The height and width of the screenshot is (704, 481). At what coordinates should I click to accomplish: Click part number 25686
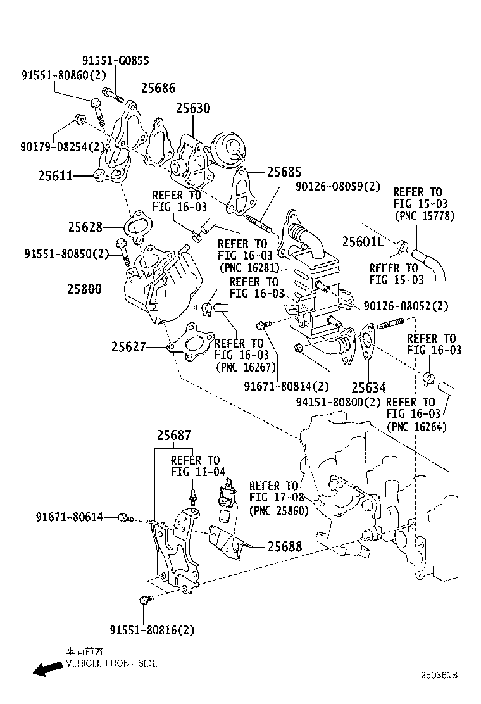tap(158, 88)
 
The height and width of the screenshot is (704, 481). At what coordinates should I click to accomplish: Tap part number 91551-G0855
tap(116, 61)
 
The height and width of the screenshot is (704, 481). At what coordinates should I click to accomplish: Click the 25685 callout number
tap(284, 172)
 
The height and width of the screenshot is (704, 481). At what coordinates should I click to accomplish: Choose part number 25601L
tap(363, 241)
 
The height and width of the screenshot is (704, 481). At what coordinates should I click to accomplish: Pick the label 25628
tap(85, 226)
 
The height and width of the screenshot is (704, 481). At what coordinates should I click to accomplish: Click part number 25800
tap(84, 289)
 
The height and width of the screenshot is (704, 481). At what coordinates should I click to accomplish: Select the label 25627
tap(129, 347)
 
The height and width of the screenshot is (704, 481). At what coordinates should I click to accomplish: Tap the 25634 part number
tap(369, 387)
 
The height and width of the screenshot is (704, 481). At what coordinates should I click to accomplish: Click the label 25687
tap(174, 436)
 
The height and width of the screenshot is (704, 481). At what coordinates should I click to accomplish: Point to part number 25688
tap(285, 546)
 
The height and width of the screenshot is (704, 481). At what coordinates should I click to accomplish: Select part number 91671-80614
tap(69, 518)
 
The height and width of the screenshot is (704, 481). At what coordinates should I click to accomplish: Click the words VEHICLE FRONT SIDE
tap(111, 663)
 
